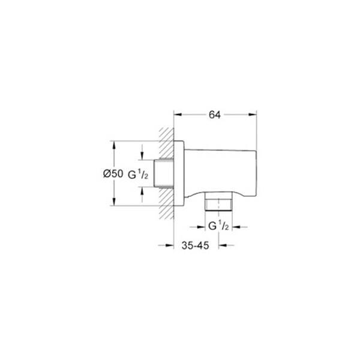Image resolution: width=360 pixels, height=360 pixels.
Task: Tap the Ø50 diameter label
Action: [113, 173]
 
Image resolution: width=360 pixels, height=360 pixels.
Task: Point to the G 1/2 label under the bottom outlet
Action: [217, 226]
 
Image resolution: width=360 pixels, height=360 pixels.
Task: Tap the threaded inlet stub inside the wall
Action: [164, 173]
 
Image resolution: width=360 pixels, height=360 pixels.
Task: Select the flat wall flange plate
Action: [178, 173]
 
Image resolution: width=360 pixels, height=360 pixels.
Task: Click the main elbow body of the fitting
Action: [219, 171]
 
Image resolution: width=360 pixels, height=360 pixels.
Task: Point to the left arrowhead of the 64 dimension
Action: [177, 112]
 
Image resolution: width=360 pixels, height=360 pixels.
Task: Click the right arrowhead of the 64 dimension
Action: [254, 112]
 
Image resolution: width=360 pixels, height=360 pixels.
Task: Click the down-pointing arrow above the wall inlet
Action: [142, 157]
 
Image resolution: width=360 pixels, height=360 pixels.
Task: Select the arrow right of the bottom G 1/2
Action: [235, 227]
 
